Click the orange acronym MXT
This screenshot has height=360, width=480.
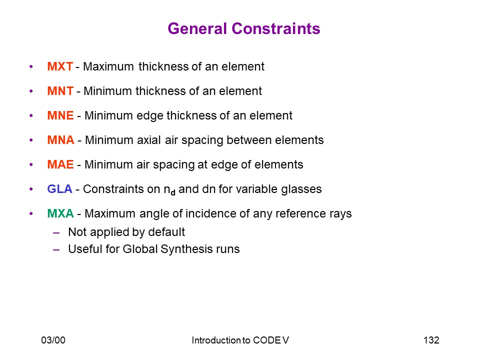coord(60,66)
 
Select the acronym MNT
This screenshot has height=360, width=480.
coord(60,91)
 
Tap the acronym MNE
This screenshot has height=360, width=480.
coord(60,115)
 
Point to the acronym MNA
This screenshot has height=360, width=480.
coord(60,140)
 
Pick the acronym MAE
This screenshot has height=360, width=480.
coord(60,164)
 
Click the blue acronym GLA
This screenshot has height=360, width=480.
coord(59,189)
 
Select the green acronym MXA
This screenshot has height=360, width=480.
coord(60,213)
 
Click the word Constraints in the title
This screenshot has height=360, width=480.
coord(276,28)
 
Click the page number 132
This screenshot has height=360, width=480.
coord(431,340)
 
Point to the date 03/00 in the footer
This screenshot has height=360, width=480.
coord(53,340)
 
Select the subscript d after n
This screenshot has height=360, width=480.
coord(173,193)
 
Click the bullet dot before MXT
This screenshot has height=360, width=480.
coord(31,66)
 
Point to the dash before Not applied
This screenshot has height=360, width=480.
coord(56,233)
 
